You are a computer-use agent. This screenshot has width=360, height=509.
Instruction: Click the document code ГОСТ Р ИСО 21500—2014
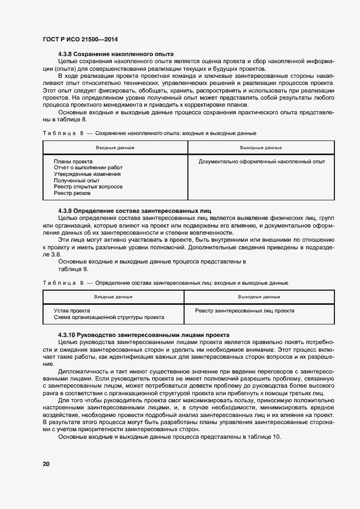[80, 40]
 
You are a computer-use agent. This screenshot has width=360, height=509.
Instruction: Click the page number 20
[46, 464]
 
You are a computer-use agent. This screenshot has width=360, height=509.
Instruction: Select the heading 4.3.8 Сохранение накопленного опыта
[115, 54]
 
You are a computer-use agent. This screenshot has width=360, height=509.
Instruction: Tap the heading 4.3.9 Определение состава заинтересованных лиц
[135, 211]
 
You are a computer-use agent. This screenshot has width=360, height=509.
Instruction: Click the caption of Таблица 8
[149, 133]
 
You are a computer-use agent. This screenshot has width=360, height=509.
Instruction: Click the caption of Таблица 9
[165, 283]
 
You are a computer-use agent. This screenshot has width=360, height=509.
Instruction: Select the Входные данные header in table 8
[115, 148]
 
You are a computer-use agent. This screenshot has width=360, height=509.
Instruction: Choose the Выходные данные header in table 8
[261, 148]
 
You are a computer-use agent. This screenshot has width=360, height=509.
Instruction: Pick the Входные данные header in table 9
[113, 297]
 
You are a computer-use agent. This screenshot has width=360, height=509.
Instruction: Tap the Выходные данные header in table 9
[259, 297]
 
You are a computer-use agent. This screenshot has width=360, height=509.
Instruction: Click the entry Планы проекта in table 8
[73, 162]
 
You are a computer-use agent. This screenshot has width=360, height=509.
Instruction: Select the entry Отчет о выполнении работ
[88, 168]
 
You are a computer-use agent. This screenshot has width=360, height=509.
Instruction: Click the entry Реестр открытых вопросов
[88, 187]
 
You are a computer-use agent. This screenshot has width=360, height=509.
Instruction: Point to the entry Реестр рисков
[72, 193]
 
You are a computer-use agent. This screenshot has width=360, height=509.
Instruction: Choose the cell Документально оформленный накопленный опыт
[261, 162]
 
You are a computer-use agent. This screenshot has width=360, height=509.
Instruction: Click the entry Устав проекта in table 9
[72, 311]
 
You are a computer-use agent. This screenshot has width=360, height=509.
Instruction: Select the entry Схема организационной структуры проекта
[109, 317]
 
